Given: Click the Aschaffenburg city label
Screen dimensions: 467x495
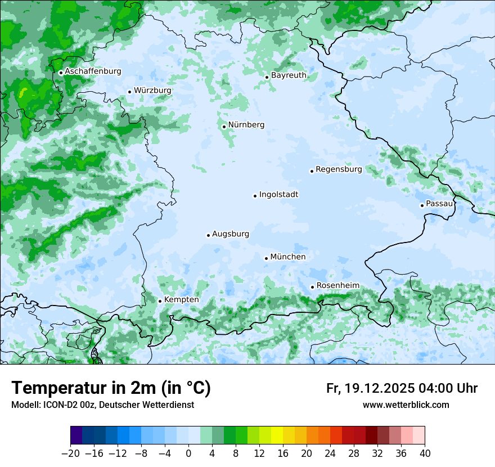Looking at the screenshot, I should coord(93,71).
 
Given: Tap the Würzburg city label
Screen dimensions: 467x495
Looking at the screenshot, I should coord(152,90).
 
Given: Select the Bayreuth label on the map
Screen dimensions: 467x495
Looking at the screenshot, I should coord(289,75).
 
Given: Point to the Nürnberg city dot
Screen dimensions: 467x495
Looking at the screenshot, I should coord(224,127).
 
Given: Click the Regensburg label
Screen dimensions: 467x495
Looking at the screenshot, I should coord(339,169).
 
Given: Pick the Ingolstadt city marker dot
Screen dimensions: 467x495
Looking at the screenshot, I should coord(255,196).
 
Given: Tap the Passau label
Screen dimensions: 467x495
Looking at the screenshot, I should coord(439,203).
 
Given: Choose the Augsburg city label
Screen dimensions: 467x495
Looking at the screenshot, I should coord(230,234).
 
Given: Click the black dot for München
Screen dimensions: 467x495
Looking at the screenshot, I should coord(266,258).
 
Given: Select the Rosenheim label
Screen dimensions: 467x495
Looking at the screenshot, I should coord(337,285).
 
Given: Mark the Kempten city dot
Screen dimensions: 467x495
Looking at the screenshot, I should coord(160,301).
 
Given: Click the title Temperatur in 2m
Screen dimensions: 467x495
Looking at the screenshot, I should coord(111,388).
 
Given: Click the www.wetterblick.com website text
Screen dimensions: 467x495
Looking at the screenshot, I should coord(406,405).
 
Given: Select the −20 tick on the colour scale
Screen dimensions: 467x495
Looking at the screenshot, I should coord(70,453).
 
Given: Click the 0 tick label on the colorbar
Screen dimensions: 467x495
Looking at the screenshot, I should coord(188,453).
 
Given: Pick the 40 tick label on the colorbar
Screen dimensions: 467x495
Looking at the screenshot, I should coord(425,453).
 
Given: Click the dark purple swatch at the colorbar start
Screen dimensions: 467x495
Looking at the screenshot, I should coord(76,435).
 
